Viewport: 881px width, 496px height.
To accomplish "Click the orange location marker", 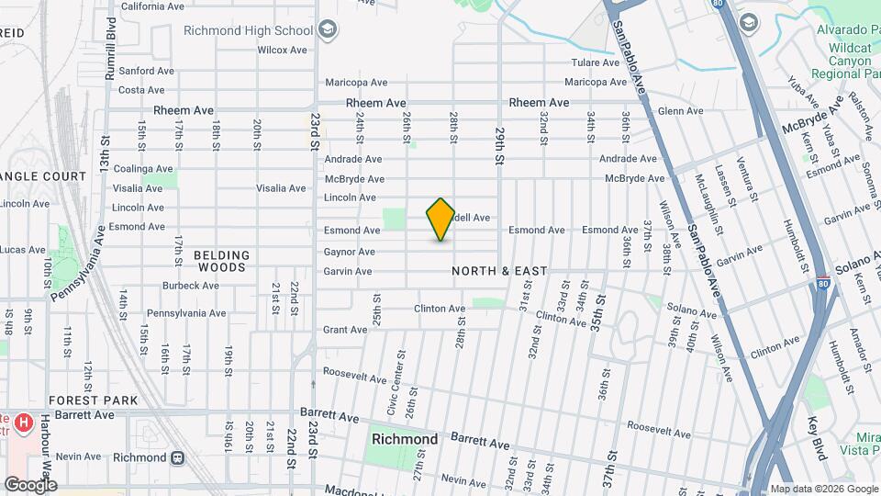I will (x=440, y=220).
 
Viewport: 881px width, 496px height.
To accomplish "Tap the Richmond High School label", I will (x=248, y=29).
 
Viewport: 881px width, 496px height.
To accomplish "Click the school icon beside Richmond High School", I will (x=328, y=30).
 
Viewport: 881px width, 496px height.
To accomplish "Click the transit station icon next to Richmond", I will (x=177, y=457).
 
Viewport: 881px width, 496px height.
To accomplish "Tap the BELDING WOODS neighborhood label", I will (x=222, y=262).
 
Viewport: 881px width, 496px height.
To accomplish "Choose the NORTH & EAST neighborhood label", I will (x=499, y=271).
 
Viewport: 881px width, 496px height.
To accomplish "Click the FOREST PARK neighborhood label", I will (x=93, y=400).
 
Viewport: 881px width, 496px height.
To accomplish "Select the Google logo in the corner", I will (x=31, y=484).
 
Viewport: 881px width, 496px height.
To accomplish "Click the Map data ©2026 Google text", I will (x=823, y=489).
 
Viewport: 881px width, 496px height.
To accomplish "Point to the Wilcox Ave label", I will (x=281, y=50).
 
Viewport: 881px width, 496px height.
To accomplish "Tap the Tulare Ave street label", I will (x=597, y=62).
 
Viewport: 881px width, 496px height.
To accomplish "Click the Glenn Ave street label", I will (x=680, y=111).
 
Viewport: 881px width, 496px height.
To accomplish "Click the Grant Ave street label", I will (x=345, y=330).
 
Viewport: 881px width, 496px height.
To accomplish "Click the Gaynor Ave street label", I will (x=349, y=252).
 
